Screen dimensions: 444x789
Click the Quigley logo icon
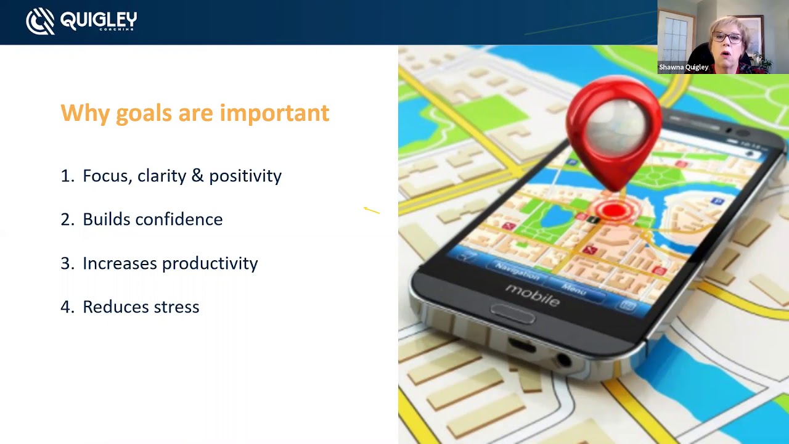[x=40, y=22]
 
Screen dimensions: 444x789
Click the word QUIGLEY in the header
[x=98, y=20]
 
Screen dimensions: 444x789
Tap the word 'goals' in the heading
[x=144, y=113]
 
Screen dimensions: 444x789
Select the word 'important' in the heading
[x=274, y=113]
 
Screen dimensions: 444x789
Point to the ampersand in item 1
[x=197, y=176]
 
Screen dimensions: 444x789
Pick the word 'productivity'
[x=210, y=263]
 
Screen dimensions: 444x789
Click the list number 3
[x=66, y=263]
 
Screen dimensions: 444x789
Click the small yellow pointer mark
[x=372, y=211]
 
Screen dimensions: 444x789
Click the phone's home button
[x=512, y=314]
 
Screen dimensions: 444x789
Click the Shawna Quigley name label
[x=684, y=67]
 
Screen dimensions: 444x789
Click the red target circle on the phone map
[x=614, y=212]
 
